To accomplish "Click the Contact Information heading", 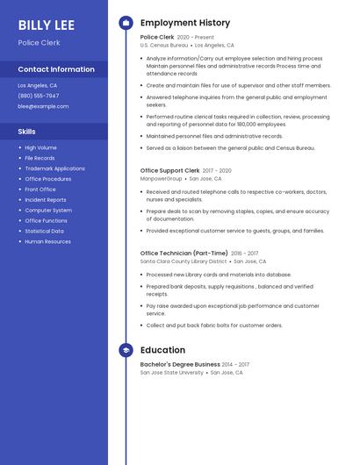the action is click(56, 69).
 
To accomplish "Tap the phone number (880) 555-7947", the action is click(39, 96).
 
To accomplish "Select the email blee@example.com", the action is click(43, 106).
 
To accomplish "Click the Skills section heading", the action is click(27, 131).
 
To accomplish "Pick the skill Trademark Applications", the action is click(55, 168).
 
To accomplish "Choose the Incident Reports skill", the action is click(46, 200).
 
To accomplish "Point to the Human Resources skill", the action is click(48, 241).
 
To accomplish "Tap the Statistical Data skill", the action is click(45, 231).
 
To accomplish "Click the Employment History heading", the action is click(185, 23).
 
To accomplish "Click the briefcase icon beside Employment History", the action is click(126, 23).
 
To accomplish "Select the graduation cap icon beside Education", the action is click(126, 350).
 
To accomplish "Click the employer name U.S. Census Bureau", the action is click(164, 45).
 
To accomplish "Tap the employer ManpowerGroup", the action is click(162, 178).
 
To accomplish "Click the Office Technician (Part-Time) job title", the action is click(184, 254).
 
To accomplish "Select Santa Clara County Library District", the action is click(184, 261).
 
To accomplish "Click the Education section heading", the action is click(162, 350).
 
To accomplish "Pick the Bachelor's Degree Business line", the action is click(180, 364).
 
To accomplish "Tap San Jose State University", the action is click(172, 372).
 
